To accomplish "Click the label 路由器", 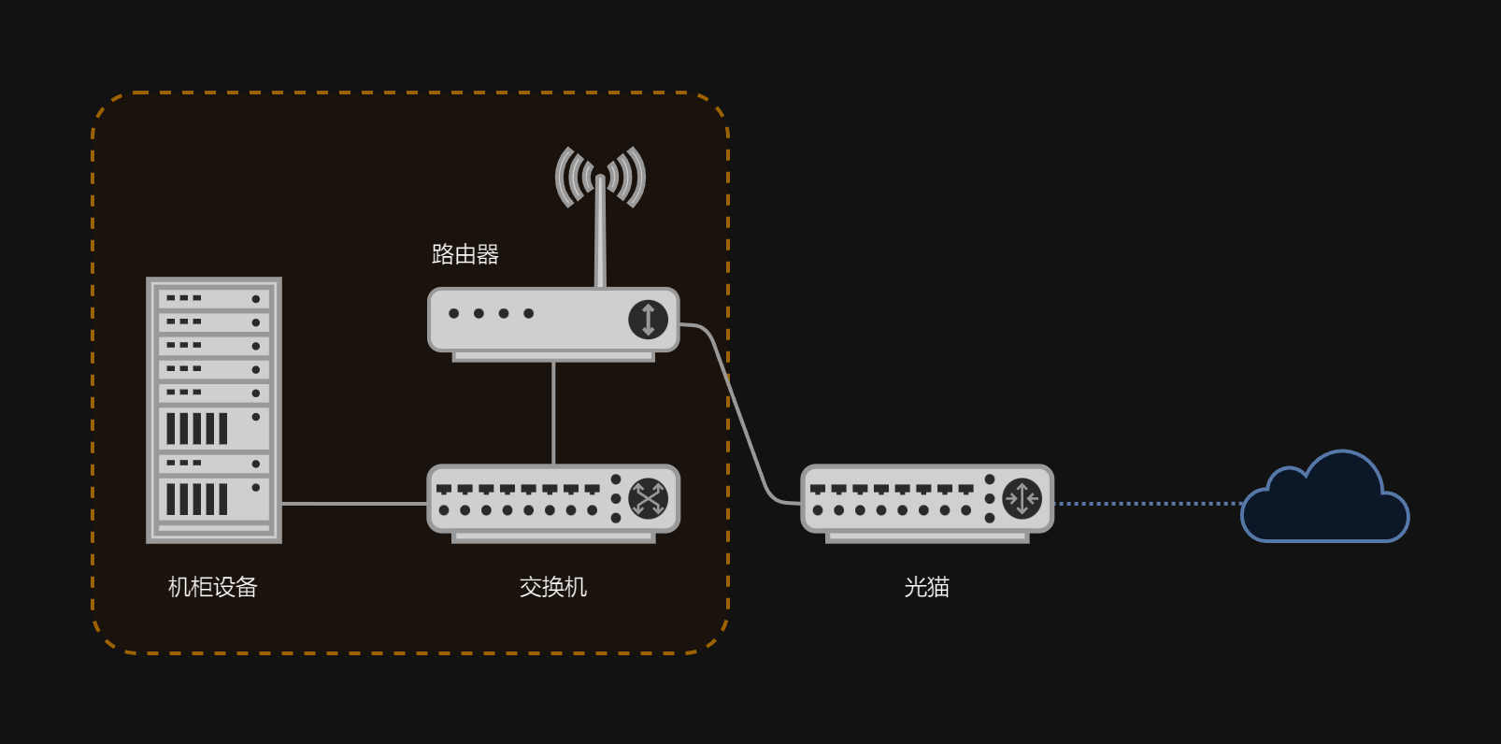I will pyautogui.click(x=465, y=254).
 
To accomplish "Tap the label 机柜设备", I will pyautogui.click(x=212, y=587).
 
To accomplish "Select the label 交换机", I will pyautogui.click(x=552, y=587).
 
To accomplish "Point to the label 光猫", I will pyautogui.click(x=926, y=587).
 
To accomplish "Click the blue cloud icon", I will pyautogui.click(x=1325, y=505).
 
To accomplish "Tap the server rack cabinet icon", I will pyautogui.click(x=214, y=409).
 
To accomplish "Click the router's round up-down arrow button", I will pyautogui.click(x=648, y=319).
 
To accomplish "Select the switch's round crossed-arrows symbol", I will pyautogui.click(x=648, y=498).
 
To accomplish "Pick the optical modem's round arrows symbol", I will pyautogui.click(x=1022, y=498).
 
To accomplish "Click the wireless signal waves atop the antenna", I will pyautogui.click(x=600, y=175).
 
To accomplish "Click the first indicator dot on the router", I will pyautogui.click(x=454, y=313).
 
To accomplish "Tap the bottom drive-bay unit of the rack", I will pyautogui.click(x=214, y=499).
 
